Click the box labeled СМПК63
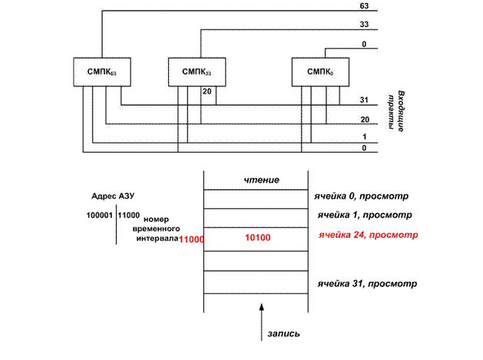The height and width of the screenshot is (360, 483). pos(102,71)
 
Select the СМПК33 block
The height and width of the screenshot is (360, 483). pos(197,71)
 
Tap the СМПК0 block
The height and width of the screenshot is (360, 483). pos(320,71)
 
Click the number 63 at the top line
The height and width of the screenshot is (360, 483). pos(364,6)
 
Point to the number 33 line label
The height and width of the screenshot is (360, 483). pos(364,24)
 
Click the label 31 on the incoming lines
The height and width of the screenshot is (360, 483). pos(364,100)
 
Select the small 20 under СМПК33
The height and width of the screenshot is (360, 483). pos(207,91)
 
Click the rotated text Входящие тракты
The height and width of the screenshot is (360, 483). pos(397,111)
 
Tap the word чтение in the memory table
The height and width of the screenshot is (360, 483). pos(262,180)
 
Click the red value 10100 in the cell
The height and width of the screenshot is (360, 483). pos(258,237)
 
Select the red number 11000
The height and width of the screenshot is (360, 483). pos(191,239)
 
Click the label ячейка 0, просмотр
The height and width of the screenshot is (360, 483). pos(362,197)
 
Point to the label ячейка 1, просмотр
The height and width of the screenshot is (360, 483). pos(365,215)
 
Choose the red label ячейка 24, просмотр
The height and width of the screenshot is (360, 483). pos(368,235)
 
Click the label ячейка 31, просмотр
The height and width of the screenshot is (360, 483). pos(367,284)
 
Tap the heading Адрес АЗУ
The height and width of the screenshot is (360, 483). pos(113,197)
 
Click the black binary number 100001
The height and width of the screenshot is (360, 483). pos(100,215)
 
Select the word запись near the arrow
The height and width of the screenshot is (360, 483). pos(283,334)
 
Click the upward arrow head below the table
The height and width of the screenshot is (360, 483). pos(262,307)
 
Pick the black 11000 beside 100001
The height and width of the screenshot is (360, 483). pos(129,215)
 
